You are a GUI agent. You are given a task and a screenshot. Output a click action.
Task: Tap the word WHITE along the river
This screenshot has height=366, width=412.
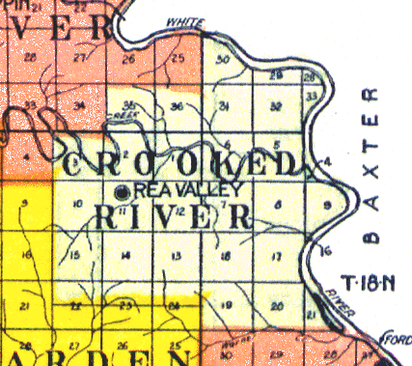(x=182, y=21)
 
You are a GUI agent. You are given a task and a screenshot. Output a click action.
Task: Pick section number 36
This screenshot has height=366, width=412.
(x=177, y=105)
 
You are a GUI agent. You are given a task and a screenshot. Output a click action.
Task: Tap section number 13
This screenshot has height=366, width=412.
(x=175, y=256)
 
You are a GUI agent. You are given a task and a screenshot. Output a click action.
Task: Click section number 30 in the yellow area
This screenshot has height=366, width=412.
(x=224, y=60)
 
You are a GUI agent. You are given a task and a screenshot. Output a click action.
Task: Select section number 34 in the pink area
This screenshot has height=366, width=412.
(x=79, y=105)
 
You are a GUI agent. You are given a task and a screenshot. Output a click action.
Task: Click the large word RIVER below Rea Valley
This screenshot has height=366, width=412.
(x=174, y=217)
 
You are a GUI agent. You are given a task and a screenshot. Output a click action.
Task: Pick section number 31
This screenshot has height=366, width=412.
(x=225, y=105)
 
